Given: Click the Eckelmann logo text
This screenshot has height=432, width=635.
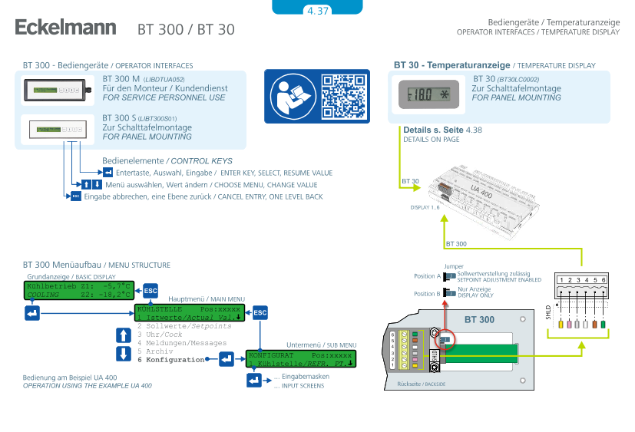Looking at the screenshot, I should (65, 28).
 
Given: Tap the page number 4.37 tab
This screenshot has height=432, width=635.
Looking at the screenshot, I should (317, 11).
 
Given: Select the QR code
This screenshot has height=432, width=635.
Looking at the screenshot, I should (343, 97).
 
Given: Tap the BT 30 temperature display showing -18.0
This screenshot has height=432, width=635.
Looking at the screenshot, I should (429, 96).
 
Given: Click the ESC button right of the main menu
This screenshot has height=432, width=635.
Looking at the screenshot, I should (260, 313).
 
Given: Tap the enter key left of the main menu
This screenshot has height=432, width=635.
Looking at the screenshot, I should (31, 313).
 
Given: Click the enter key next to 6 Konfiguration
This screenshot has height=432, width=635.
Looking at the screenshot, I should (227, 358).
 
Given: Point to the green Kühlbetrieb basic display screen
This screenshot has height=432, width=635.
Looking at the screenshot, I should (79, 290).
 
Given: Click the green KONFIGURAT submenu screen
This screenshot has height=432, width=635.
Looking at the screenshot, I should (300, 359).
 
